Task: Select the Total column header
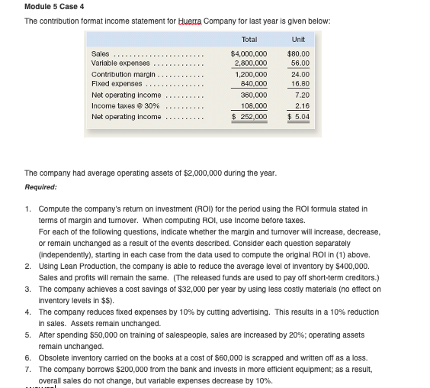[x=249, y=39]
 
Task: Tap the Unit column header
[x=297, y=39]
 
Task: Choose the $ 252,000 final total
[x=249, y=117]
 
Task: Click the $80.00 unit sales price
[x=297, y=53]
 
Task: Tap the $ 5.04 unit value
[x=297, y=117]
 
